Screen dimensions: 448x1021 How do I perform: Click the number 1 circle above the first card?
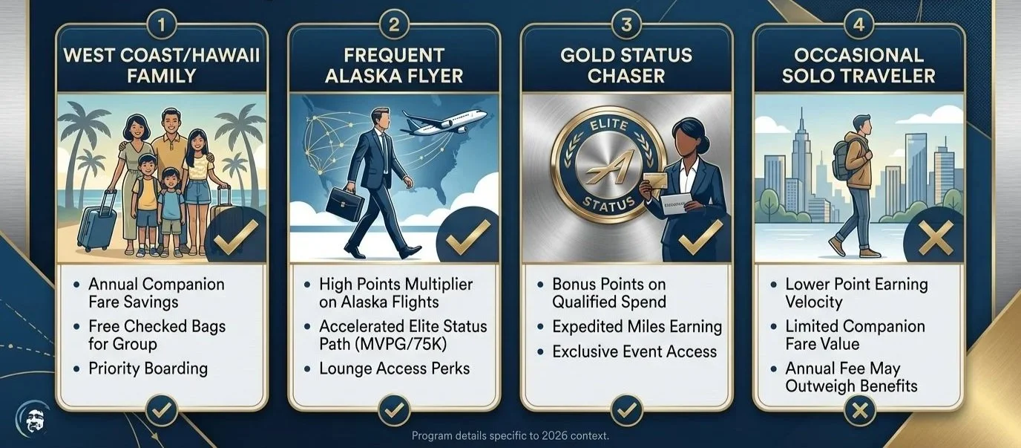(x=162, y=25)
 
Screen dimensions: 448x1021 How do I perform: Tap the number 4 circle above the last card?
(x=859, y=25)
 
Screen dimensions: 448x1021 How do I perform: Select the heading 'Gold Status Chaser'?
(x=626, y=65)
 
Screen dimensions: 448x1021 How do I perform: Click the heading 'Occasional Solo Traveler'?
(x=859, y=65)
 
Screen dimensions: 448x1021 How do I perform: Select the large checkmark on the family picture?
(x=235, y=237)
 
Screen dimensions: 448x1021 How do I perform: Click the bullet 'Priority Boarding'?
(x=148, y=369)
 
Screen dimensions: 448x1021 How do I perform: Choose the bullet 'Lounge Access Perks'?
(x=394, y=369)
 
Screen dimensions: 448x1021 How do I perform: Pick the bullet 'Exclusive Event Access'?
(x=634, y=351)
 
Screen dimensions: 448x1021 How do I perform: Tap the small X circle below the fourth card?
(x=859, y=409)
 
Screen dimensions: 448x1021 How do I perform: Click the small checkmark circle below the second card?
(x=394, y=409)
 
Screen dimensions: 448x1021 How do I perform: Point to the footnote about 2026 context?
(x=510, y=435)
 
